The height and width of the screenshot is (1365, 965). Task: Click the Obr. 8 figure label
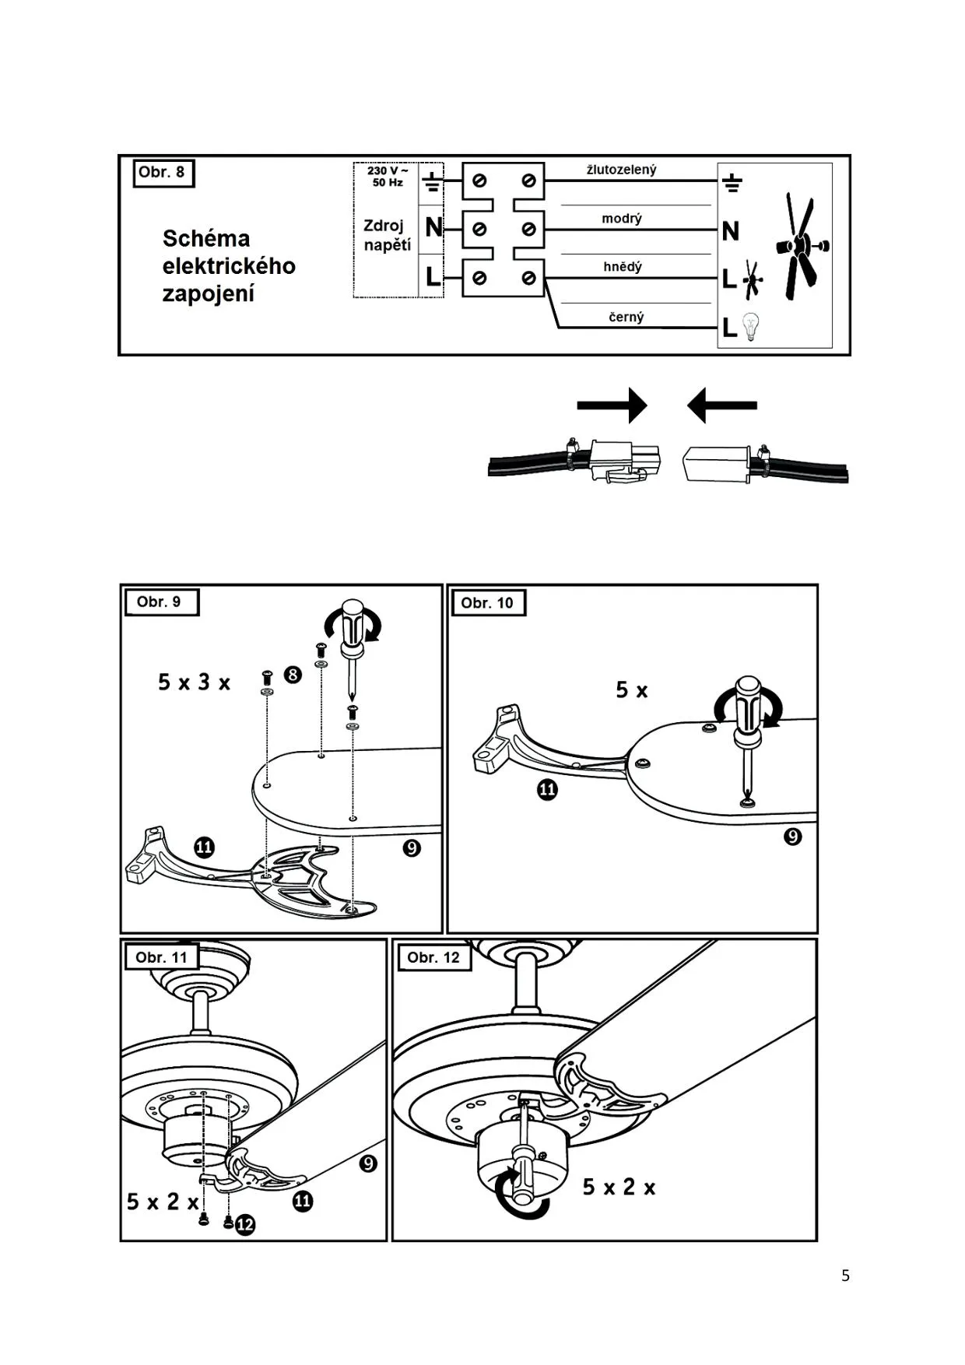pyautogui.click(x=162, y=172)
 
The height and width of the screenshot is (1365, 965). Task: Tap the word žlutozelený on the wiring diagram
pyautogui.click(x=621, y=170)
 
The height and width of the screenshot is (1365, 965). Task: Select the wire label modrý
pyautogui.click(x=621, y=219)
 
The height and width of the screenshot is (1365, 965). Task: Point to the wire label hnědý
pyautogui.click(x=623, y=267)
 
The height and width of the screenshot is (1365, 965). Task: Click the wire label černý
pyautogui.click(x=626, y=317)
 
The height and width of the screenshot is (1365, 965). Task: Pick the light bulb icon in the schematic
pyautogui.click(x=749, y=326)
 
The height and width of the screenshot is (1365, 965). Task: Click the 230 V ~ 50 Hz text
pyautogui.click(x=388, y=176)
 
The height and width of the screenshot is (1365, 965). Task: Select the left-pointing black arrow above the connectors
pyautogui.click(x=722, y=405)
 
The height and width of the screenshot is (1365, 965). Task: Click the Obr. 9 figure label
pyautogui.click(x=159, y=602)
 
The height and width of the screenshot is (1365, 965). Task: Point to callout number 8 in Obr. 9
pyautogui.click(x=293, y=674)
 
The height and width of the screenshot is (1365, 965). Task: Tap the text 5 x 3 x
pyautogui.click(x=195, y=682)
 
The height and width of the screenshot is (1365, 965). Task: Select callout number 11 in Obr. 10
pyautogui.click(x=548, y=790)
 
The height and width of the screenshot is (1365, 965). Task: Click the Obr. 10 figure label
pyautogui.click(x=486, y=602)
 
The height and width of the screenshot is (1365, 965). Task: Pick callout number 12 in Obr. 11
pyautogui.click(x=245, y=1225)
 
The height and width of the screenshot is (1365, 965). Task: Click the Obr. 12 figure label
pyautogui.click(x=433, y=957)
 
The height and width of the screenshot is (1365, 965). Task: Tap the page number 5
pyautogui.click(x=845, y=1276)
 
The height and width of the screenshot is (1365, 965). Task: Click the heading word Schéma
pyautogui.click(x=206, y=238)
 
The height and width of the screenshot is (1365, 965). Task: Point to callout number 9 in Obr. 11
pyautogui.click(x=368, y=1163)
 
